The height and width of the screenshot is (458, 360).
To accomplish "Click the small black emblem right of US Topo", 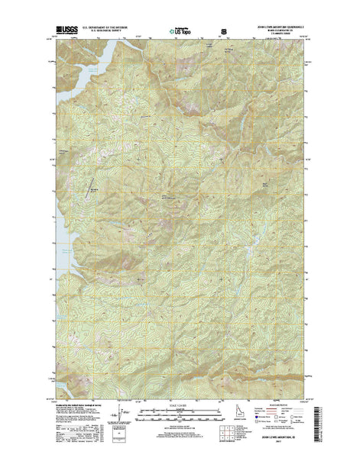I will (x=224, y=32).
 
